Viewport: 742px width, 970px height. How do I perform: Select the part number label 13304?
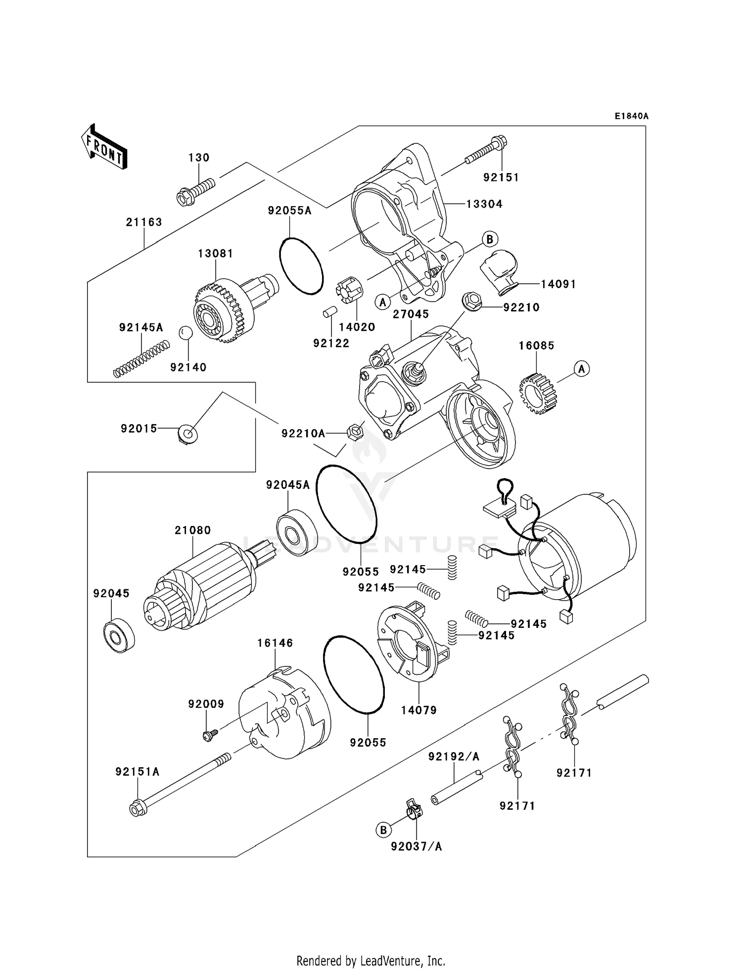[484, 204]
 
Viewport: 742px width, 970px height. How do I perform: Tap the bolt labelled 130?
[196, 192]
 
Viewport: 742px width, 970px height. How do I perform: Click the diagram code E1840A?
[631, 116]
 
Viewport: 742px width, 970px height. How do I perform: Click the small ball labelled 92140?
[185, 333]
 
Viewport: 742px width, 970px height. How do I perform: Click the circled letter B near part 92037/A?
[383, 830]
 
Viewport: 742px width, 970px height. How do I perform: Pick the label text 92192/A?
[454, 756]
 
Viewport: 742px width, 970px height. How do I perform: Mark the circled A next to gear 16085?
[582, 369]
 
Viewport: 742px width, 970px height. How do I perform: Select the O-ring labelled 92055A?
[301, 265]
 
